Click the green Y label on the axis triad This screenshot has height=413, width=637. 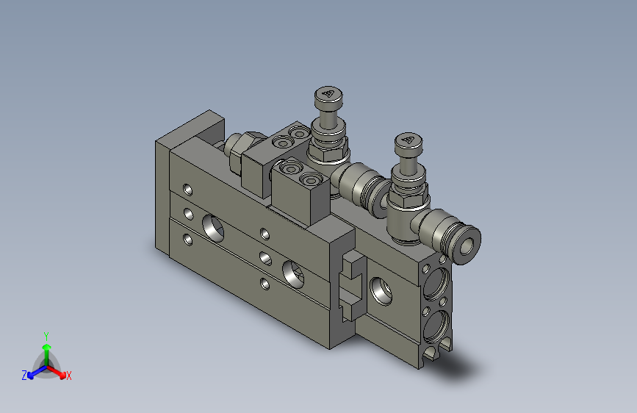(x=46, y=334)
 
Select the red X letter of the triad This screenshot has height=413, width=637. (x=69, y=376)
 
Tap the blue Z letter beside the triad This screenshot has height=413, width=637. (x=24, y=376)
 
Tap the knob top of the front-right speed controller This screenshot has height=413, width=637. (x=408, y=143)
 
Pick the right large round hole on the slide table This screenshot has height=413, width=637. (x=293, y=273)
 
